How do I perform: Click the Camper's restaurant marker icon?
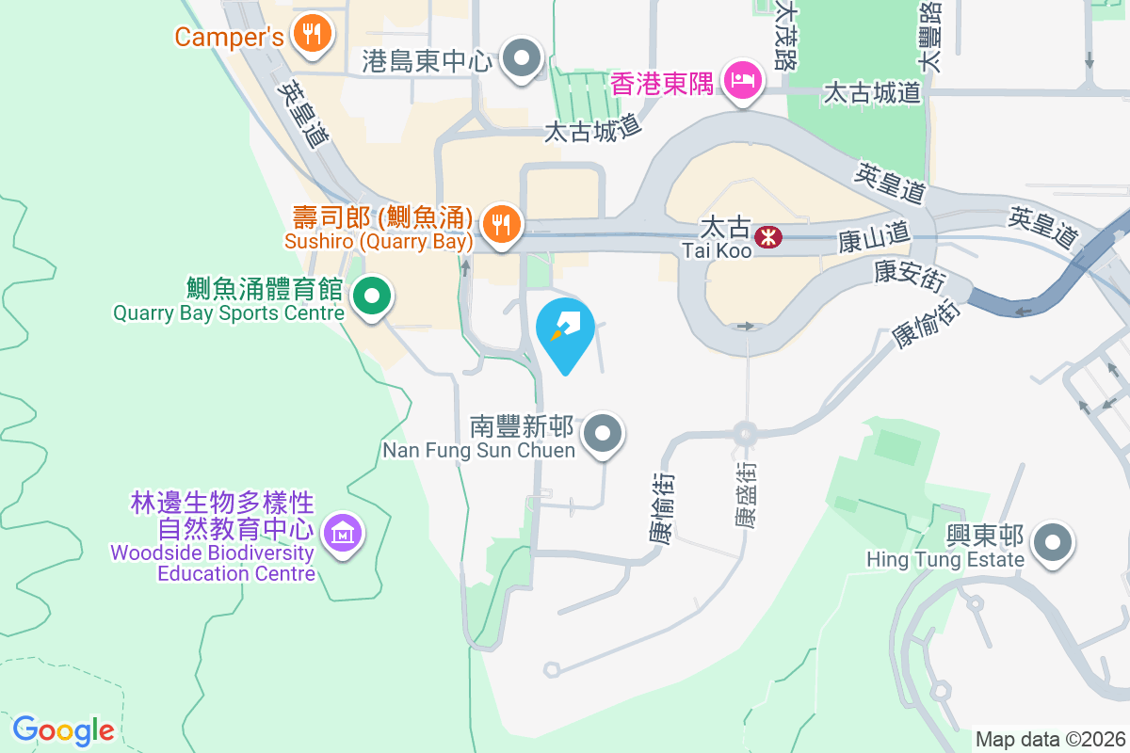(310, 35)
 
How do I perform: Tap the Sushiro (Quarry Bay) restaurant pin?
(500, 224)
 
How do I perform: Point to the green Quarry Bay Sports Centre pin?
(372, 297)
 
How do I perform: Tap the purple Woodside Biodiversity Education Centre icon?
(343, 535)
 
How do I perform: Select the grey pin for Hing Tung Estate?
(1052, 544)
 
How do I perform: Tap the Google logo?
(64, 729)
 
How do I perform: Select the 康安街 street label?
(909, 274)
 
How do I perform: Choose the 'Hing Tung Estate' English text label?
(944, 560)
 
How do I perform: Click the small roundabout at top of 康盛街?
(745, 434)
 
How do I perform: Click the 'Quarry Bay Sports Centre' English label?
(229, 313)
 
